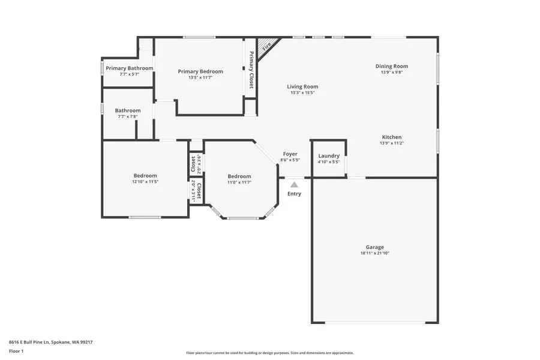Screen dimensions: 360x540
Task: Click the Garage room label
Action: point(374,247)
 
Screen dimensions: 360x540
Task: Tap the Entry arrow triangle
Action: point(294,185)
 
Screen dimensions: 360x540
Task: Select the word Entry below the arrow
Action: point(294,194)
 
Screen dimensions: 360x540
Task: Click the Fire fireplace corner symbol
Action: point(267,45)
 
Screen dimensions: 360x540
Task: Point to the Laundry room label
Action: point(329,156)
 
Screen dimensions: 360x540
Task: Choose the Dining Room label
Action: point(391,66)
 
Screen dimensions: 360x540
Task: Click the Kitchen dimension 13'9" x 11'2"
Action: point(391,143)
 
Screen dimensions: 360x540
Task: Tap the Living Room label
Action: point(302,86)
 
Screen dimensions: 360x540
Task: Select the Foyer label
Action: point(290,154)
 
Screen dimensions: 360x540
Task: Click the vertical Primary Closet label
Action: point(251,70)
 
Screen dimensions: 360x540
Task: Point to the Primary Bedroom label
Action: point(200,71)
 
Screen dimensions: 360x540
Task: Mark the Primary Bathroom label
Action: point(130,68)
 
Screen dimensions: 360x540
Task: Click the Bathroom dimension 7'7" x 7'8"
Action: point(128,116)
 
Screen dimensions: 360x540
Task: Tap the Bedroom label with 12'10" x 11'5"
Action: point(145,176)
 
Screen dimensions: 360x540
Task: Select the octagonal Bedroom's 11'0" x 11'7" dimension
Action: point(239,182)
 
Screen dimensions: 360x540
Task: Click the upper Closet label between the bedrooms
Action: point(193,164)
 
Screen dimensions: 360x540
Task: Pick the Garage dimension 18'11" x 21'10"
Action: point(374,254)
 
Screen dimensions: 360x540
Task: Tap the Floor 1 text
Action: point(16,350)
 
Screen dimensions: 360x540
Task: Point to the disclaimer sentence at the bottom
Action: point(269,353)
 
